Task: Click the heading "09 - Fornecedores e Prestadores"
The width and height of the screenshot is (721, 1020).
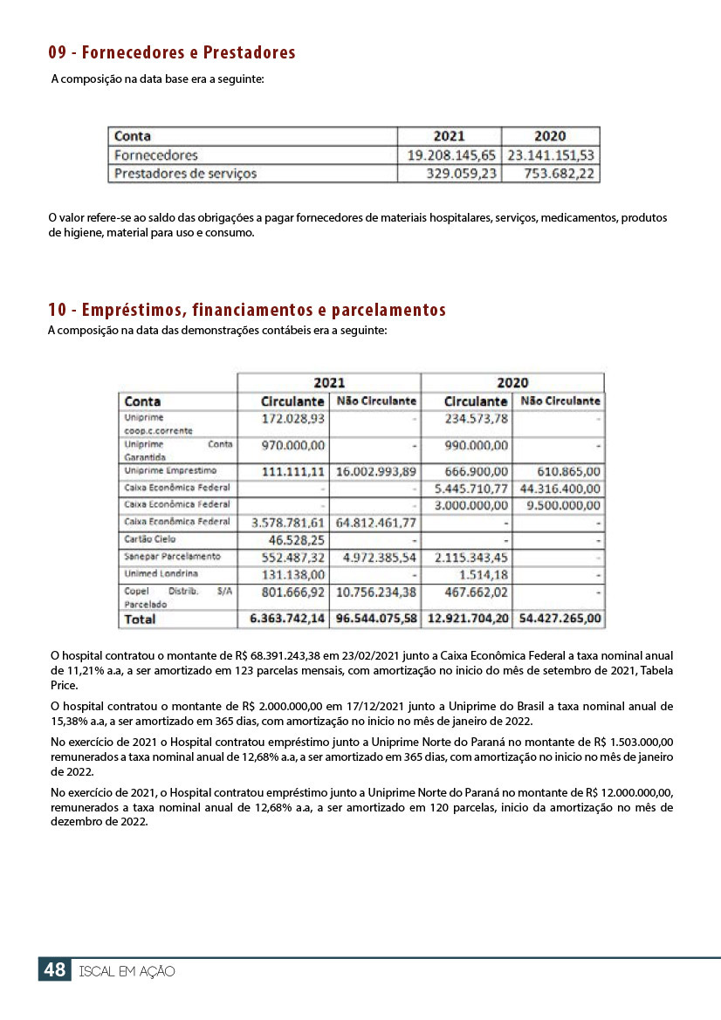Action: [x=172, y=53]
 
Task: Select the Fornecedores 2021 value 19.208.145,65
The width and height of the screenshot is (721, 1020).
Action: [x=451, y=155]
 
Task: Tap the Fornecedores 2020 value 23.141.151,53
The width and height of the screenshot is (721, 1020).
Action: [x=551, y=155]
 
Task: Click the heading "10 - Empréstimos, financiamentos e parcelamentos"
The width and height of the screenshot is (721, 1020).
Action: [x=247, y=310]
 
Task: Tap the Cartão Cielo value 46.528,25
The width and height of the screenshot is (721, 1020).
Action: [x=296, y=540]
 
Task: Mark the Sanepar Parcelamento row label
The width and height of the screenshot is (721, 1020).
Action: [x=173, y=557]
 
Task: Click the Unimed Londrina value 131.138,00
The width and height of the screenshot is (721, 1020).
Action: [x=294, y=575]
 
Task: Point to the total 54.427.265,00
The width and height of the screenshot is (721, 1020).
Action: [x=560, y=619]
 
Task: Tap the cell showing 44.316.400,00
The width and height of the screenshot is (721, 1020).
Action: [x=560, y=489]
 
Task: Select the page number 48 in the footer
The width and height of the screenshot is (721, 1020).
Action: [x=54, y=970]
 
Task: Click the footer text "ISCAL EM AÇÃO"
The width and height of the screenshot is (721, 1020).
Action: [x=127, y=971]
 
